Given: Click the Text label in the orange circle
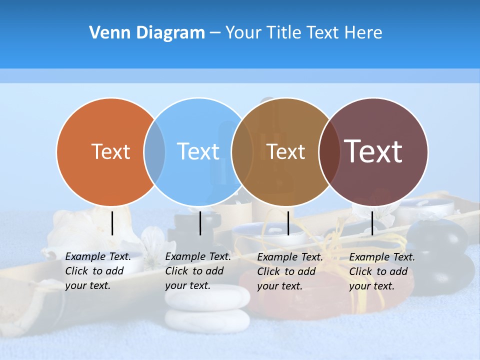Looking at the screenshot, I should coord(110,151).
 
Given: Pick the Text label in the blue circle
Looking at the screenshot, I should coord(198,151).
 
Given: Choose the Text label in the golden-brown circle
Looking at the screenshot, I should coord(286,151).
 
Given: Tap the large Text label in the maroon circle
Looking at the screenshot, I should coord(373,151).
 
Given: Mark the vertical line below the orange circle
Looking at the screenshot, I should coord(112,223).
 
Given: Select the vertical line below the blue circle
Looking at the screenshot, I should coord(200,223).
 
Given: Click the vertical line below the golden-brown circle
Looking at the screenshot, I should coord(288,223).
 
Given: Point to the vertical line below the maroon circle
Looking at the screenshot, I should coord(372,223).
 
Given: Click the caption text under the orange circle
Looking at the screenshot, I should coord(97,271).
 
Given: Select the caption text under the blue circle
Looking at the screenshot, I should coord(197,271).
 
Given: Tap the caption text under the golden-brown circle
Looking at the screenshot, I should coord(289,271).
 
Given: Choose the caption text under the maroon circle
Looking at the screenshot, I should coord(381,271).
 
